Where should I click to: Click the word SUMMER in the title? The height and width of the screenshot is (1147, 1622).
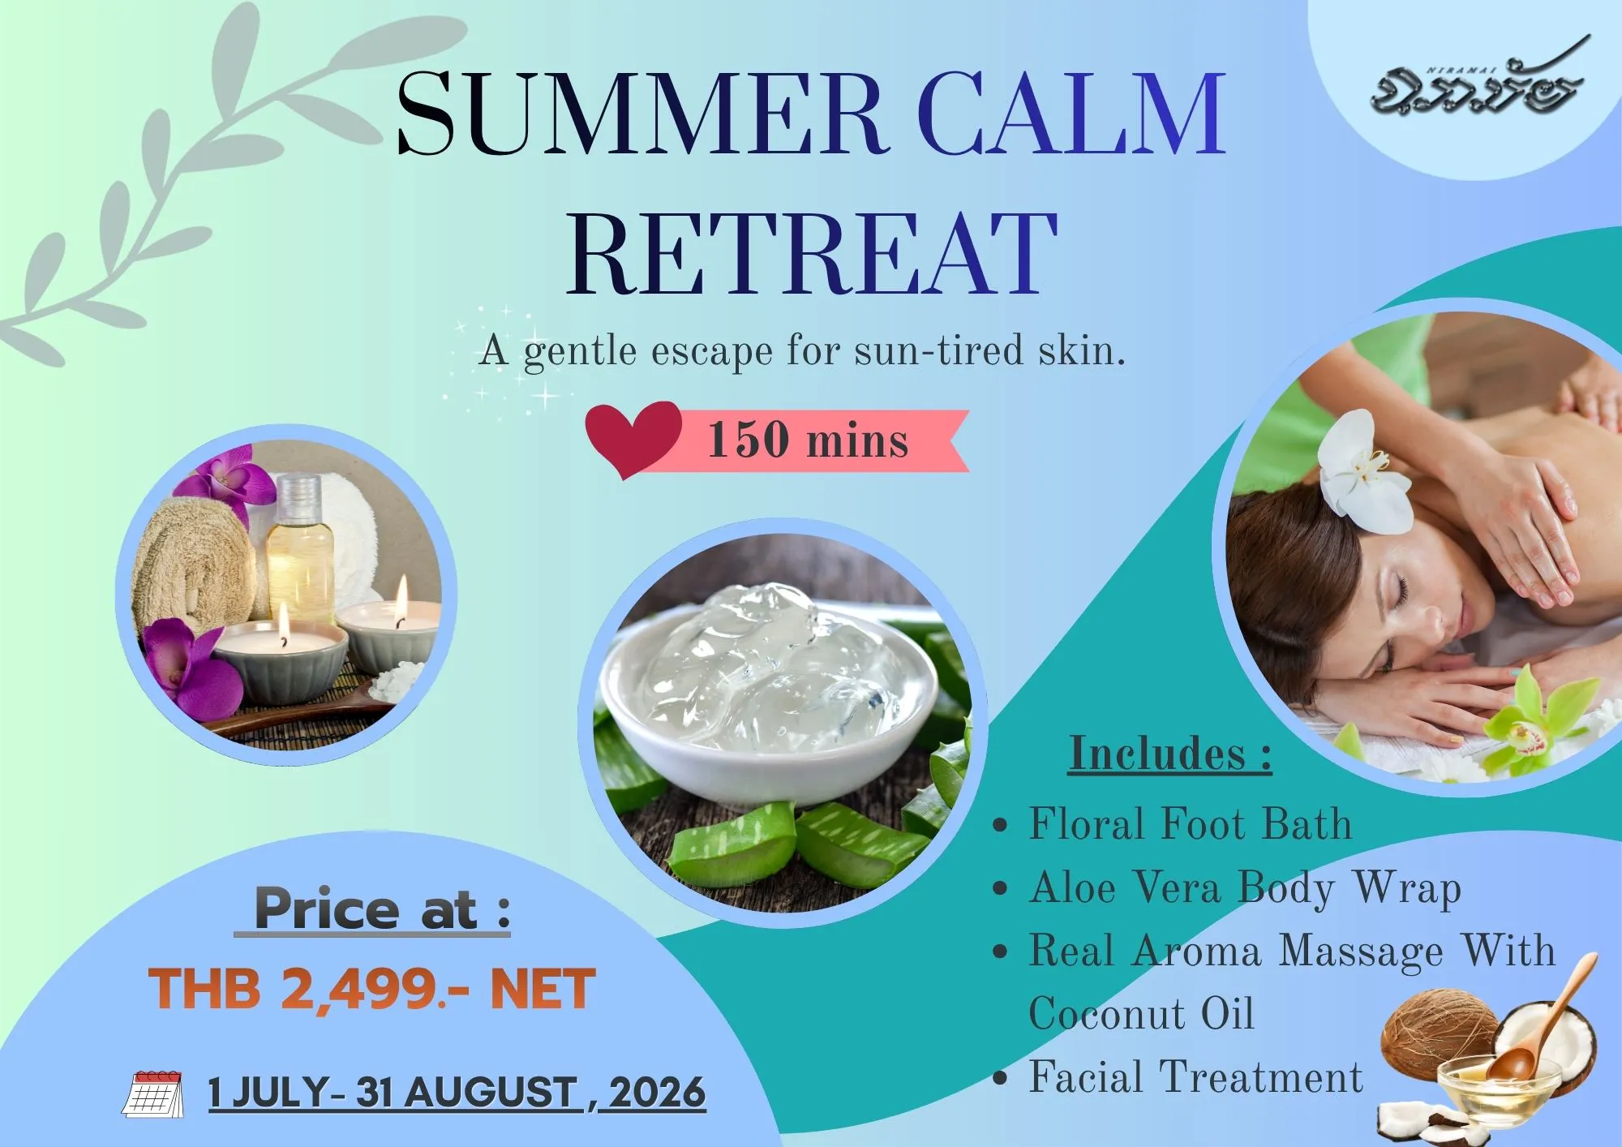(x=640, y=114)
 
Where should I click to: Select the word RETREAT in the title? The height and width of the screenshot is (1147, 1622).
(x=811, y=254)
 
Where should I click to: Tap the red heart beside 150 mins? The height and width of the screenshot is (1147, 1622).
(x=633, y=439)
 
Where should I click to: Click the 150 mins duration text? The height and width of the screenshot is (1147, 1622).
(x=809, y=440)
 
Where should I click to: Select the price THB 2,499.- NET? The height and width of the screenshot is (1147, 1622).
(x=372, y=990)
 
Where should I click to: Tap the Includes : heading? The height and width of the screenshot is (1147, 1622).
(x=1170, y=754)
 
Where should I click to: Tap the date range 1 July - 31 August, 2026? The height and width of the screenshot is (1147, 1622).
(x=457, y=1092)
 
